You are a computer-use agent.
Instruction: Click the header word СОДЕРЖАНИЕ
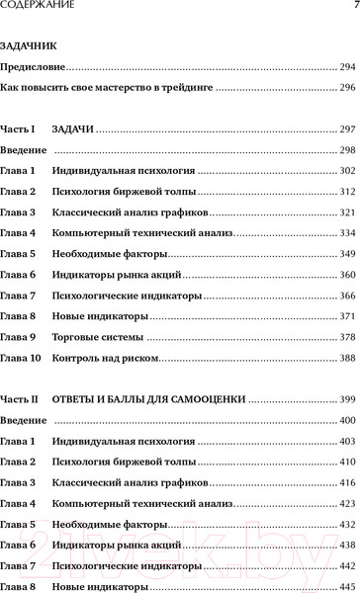pos(37,8)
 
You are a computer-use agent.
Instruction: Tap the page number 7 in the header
pos(352,8)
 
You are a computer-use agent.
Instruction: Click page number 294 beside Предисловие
pos(346,66)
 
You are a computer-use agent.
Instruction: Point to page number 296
pos(346,88)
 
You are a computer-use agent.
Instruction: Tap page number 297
pos(346,129)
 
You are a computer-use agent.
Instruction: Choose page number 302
pos(346,171)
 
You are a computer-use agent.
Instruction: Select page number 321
pos(346,212)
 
